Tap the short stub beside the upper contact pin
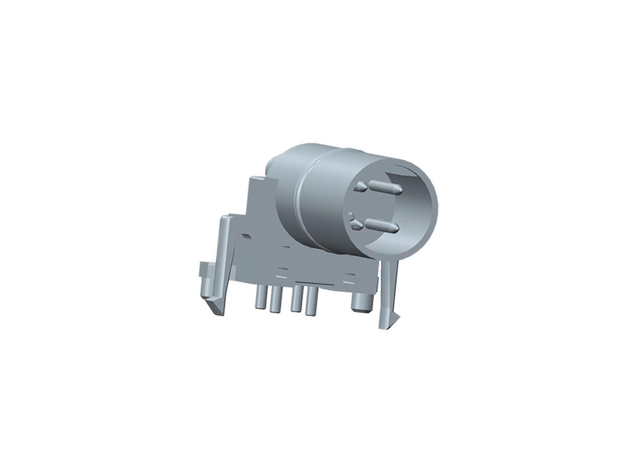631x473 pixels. coord(360,187)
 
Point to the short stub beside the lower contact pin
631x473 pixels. coord(357,225)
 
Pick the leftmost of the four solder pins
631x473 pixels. coord(259,299)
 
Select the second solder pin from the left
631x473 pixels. coord(276,300)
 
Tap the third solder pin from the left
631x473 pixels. coord(296,302)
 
